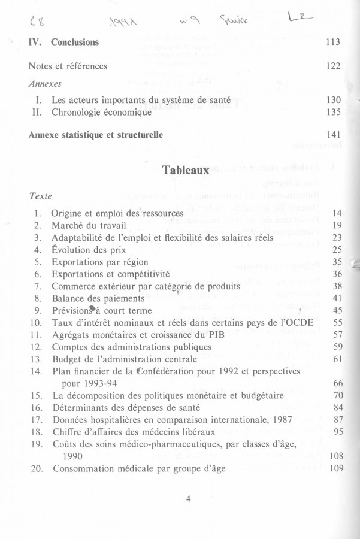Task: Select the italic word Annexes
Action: (x=45, y=84)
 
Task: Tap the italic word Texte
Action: (x=40, y=196)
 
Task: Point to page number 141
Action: (x=333, y=135)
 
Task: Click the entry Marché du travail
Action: (x=89, y=225)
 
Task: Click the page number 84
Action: (x=337, y=407)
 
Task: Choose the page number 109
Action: (x=335, y=468)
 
